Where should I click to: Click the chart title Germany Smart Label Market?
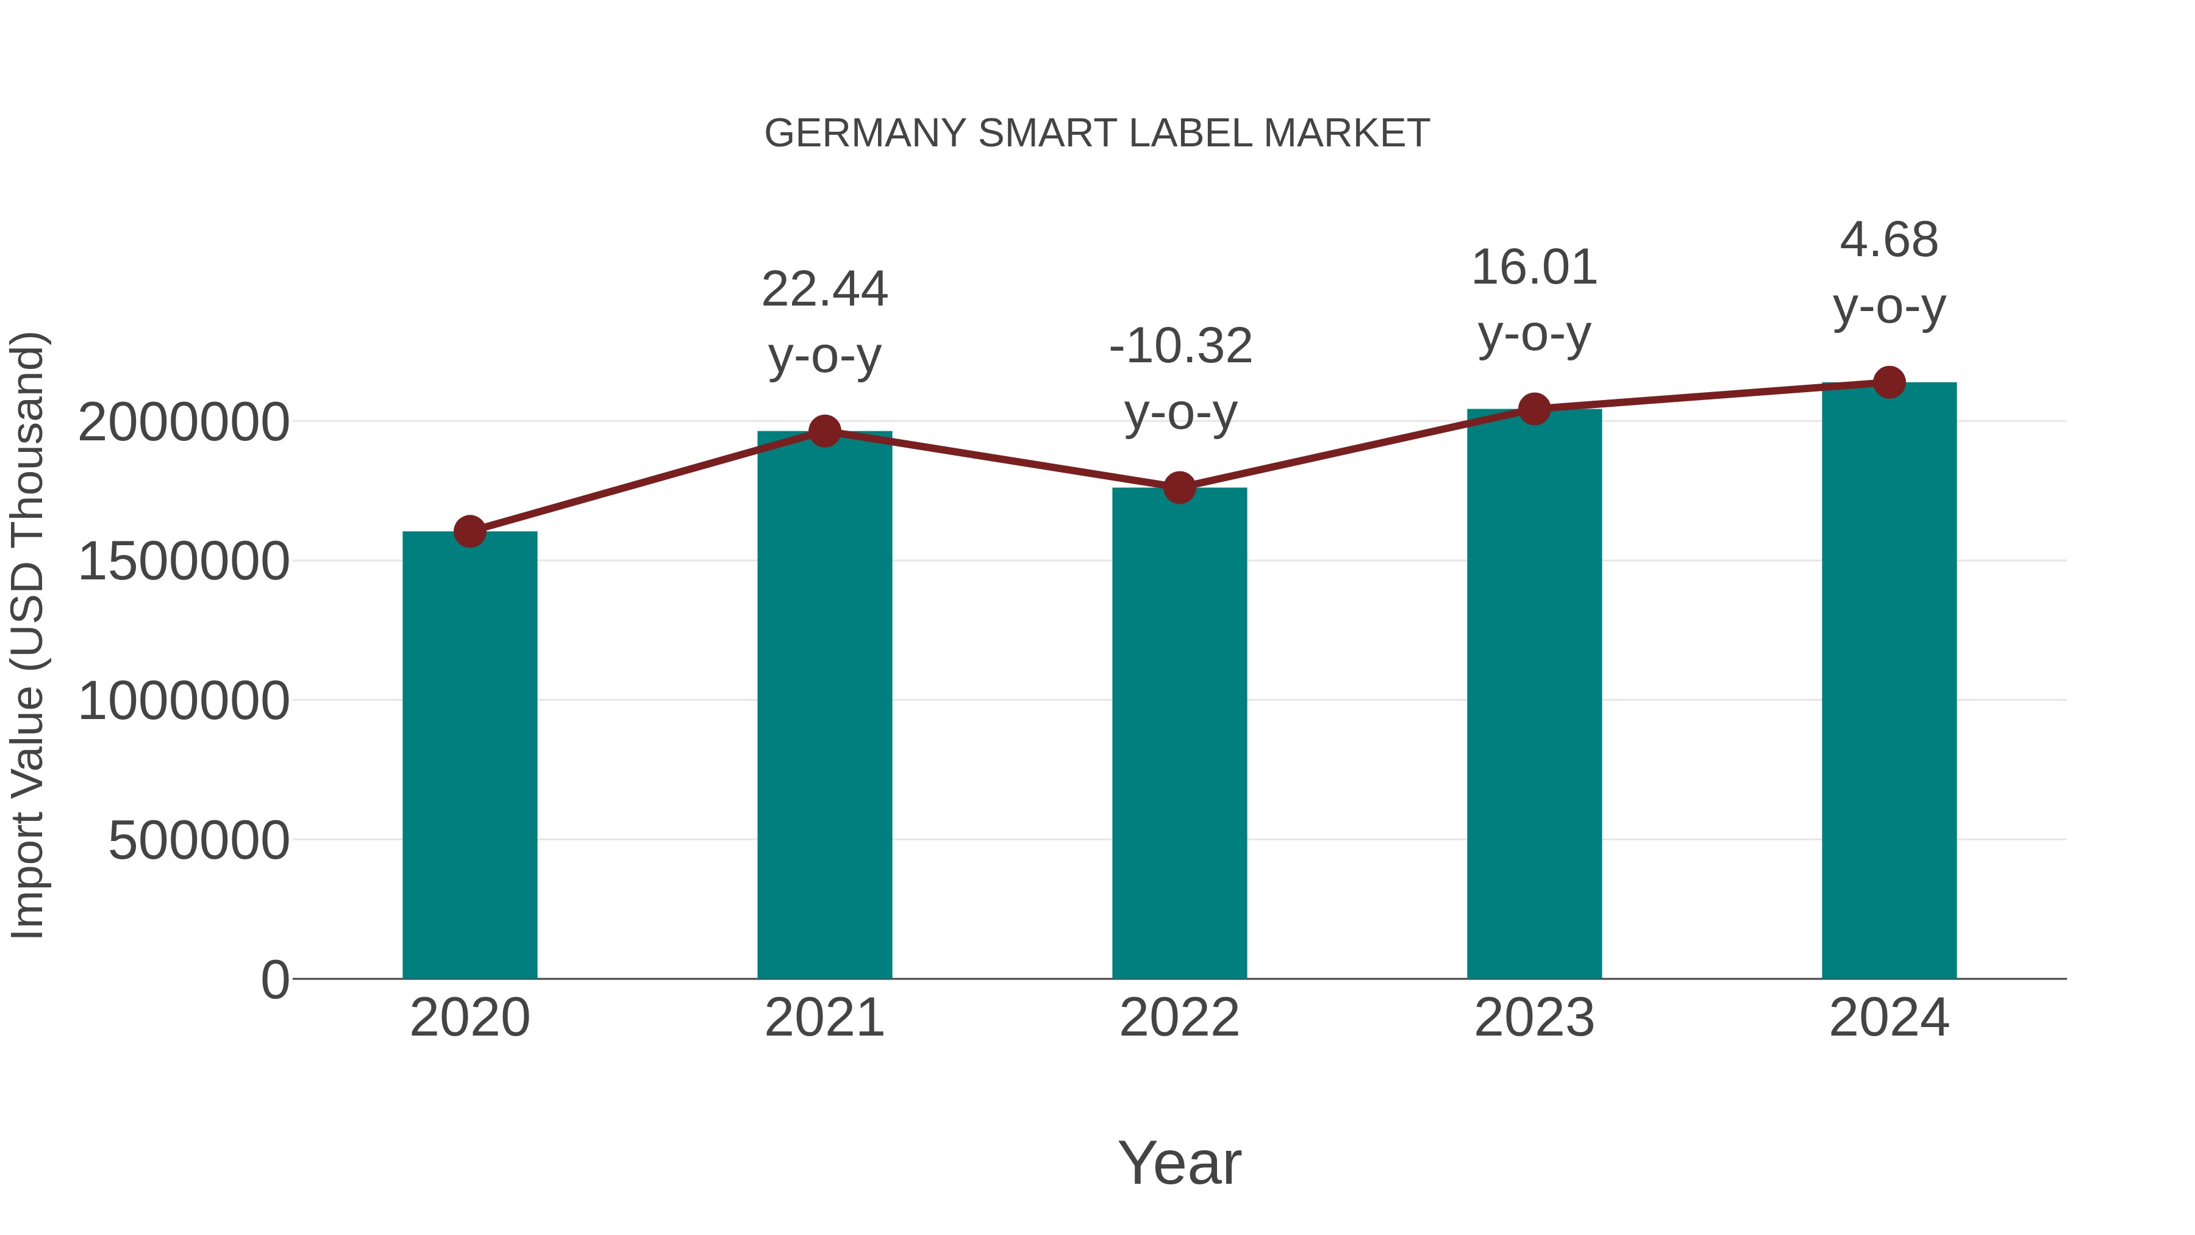point(1097,134)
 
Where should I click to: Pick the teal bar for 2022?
point(1179,733)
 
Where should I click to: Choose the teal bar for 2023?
point(1534,694)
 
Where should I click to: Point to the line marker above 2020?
point(469,532)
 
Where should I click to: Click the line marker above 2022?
point(1179,489)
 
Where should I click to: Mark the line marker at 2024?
point(1889,382)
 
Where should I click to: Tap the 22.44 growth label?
point(824,290)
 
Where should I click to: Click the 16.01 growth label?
point(1534,268)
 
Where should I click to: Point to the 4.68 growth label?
point(1889,240)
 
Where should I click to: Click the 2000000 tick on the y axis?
point(183,423)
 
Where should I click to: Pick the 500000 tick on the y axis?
point(199,841)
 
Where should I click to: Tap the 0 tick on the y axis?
point(274,980)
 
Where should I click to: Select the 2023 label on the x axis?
point(1534,1018)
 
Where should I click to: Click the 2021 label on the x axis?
point(824,1018)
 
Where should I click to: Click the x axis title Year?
point(1179,1164)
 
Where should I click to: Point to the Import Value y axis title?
point(27,635)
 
